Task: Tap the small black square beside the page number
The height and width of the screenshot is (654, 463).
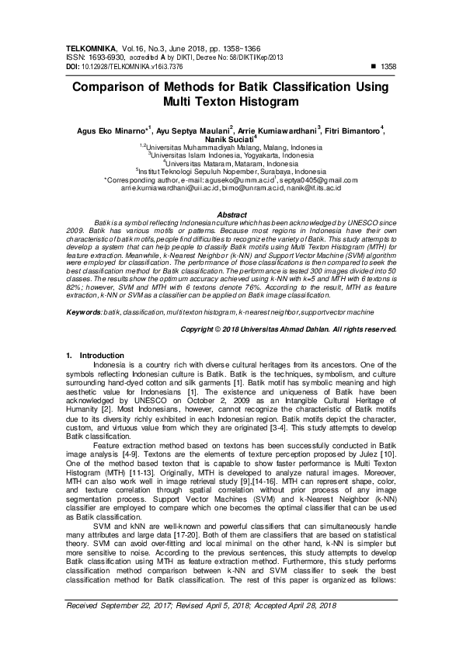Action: pos(374,66)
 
